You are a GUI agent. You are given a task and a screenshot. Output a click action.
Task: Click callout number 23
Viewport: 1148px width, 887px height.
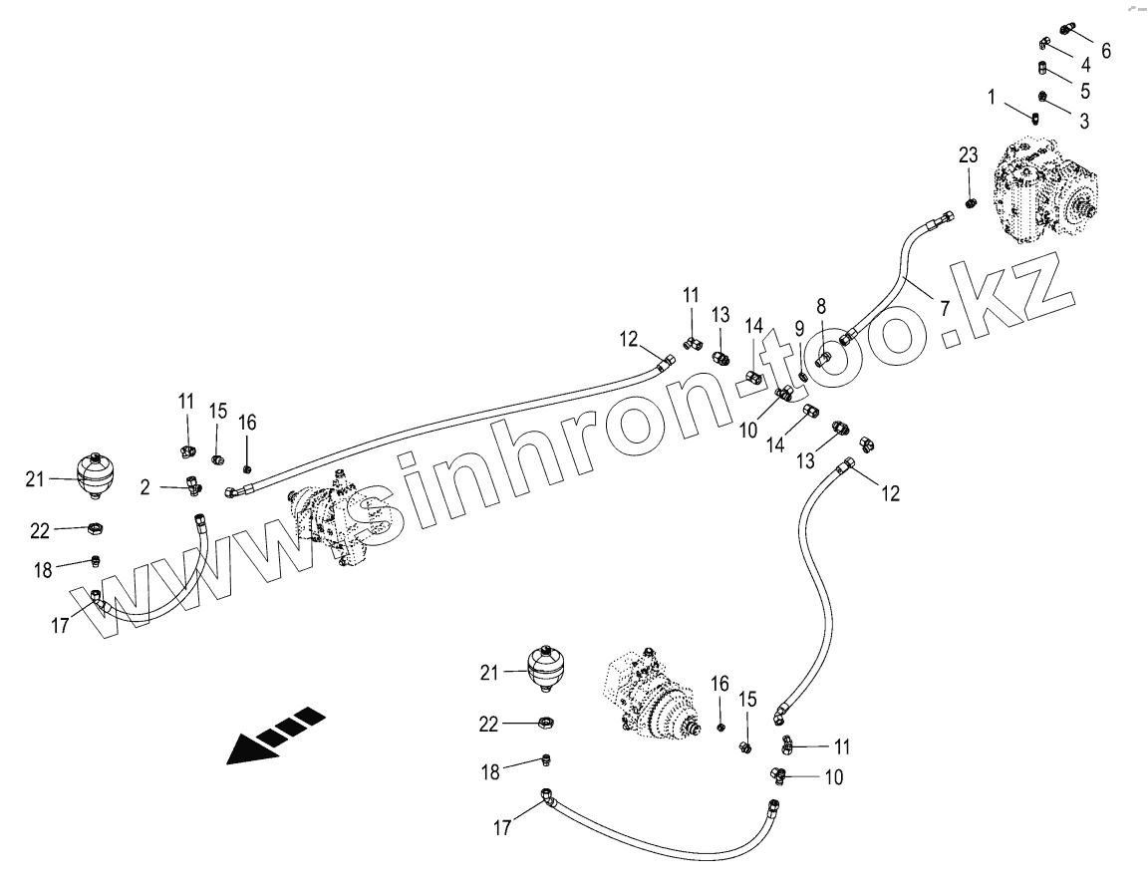pos(969,155)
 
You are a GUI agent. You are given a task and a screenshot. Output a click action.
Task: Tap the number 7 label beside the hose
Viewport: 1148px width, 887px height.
pos(942,307)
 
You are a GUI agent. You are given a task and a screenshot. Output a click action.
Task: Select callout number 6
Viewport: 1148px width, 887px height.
pos(1105,50)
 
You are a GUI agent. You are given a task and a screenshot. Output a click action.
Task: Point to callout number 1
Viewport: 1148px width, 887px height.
pos(993,97)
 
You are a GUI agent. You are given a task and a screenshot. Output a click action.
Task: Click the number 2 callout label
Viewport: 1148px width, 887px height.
pos(145,487)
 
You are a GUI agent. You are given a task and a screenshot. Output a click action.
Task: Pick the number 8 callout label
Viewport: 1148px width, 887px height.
pos(821,306)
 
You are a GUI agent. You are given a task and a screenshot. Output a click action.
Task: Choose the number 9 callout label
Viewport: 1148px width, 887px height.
pos(799,327)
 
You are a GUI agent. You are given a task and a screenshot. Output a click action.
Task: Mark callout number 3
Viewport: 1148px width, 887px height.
pos(1084,121)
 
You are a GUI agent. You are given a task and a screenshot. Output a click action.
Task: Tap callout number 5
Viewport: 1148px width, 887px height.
pos(1084,91)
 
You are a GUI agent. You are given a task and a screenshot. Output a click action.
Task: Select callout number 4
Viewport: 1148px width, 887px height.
pos(1085,65)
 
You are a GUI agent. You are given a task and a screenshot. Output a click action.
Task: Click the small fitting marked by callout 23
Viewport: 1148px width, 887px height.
pos(970,203)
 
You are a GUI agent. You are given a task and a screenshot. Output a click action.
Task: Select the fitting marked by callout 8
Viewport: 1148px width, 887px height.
pos(823,357)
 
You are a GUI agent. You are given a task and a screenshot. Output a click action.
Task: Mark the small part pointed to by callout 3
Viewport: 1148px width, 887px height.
pos(1042,97)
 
